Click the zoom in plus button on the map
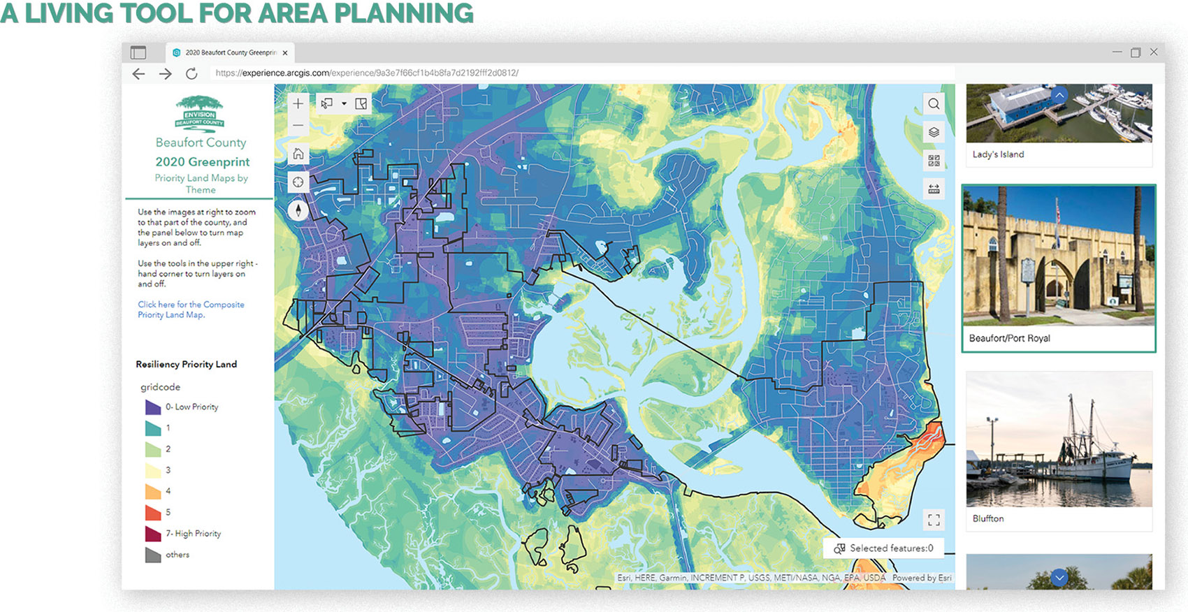tap(298, 103)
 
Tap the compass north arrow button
tap(298, 210)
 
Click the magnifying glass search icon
tap(934, 104)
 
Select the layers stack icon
tap(934, 132)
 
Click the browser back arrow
tap(139, 73)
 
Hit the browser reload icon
tap(191, 73)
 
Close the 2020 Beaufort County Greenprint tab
tap(285, 53)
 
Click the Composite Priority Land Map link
tap(190, 309)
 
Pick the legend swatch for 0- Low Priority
tap(152, 407)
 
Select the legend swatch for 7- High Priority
tap(152, 533)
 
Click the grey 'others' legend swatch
tap(152, 555)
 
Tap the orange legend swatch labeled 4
tap(152, 491)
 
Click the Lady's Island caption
tap(998, 154)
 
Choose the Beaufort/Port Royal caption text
tap(1009, 338)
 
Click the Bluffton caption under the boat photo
tap(987, 518)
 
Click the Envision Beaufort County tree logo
tap(199, 113)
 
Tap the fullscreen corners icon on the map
tap(934, 520)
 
